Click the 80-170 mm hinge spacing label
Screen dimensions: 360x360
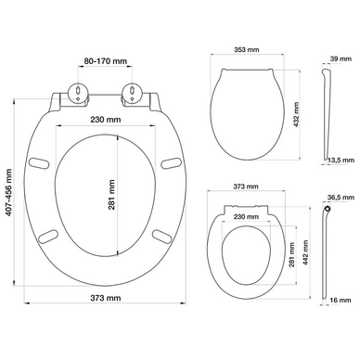click(106, 61)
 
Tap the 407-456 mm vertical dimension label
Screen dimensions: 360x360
click(8, 192)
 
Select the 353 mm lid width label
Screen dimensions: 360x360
click(247, 49)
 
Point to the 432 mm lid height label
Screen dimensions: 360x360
click(296, 115)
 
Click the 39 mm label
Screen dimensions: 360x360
click(341, 58)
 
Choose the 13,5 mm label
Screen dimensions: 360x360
click(341, 160)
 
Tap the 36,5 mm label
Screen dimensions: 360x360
click(341, 197)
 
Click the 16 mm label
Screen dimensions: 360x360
click(341, 300)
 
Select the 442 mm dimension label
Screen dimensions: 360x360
click(305, 252)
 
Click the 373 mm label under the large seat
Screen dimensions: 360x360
click(106, 298)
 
